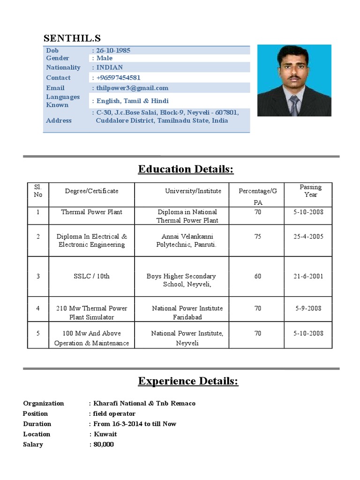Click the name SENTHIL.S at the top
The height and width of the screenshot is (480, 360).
point(72,38)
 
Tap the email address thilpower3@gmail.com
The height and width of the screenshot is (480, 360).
point(132,88)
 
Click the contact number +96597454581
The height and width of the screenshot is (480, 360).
point(118,77)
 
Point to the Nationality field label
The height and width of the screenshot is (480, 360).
point(63,67)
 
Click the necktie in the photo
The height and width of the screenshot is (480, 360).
point(293,105)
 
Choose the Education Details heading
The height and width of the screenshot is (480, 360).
point(186,169)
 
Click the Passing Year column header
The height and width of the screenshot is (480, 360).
point(310,191)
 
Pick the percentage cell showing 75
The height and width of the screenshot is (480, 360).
point(258,237)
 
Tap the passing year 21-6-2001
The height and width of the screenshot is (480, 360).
point(308,276)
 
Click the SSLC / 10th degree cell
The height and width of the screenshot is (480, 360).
point(91,276)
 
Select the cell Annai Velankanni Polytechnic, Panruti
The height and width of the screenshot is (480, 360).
point(186,240)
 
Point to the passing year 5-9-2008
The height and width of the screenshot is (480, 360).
point(308,308)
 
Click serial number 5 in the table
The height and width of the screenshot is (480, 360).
point(38,333)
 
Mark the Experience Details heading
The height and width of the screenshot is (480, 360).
point(188,381)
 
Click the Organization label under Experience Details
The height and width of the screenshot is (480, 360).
point(44,403)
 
